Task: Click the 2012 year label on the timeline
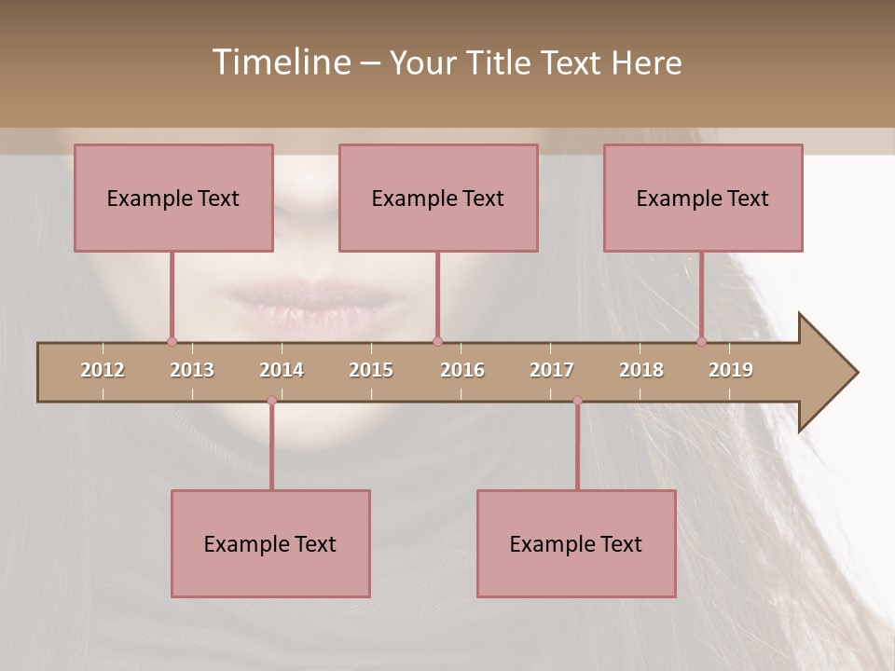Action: click(x=103, y=370)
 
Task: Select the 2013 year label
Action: click(x=192, y=370)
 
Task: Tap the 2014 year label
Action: click(x=282, y=370)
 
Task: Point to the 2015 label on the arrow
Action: click(x=371, y=370)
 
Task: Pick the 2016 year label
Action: click(x=462, y=370)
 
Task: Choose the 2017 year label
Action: click(x=552, y=370)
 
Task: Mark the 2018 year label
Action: click(x=641, y=370)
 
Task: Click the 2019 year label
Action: click(x=731, y=370)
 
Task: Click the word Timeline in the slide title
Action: click(x=280, y=62)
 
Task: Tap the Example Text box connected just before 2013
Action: click(x=173, y=198)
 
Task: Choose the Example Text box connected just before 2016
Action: click(x=438, y=198)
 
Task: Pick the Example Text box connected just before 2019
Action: click(x=703, y=198)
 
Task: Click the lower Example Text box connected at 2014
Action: click(x=270, y=543)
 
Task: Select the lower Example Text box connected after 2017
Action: click(x=576, y=543)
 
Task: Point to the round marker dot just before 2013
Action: click(x=172, y=341)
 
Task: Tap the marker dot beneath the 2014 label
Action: click(x=271, y=401)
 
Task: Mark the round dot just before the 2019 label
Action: click(x=701, y=341)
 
